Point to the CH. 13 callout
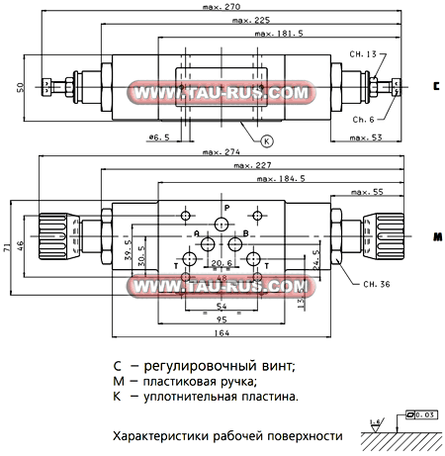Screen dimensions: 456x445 [364, 54]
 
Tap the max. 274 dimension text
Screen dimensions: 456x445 [224, 152]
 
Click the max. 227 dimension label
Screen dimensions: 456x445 [251, 165]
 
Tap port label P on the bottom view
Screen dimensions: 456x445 [225, 207]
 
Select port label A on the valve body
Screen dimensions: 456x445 [198, 234]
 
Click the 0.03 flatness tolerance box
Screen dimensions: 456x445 [425, 414]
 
